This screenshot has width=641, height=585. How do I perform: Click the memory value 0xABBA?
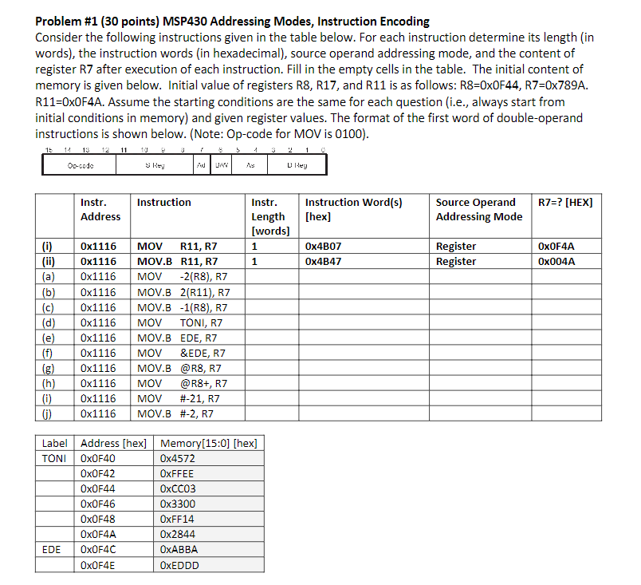(x=179, y=550)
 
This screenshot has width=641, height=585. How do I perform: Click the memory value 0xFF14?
(x=177, y=520)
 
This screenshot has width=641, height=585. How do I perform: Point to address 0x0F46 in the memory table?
(x=98, y=504)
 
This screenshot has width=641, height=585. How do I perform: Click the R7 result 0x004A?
(x=556, y=261)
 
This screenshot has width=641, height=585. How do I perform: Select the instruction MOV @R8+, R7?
(x=183, y=383)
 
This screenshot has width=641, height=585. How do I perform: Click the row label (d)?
(x=49, y=322)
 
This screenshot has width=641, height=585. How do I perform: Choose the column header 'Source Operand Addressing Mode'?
(x=479, y=209)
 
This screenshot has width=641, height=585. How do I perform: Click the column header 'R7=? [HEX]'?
(x=565, y=203)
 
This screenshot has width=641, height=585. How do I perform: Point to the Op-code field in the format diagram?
(x=79, y=166)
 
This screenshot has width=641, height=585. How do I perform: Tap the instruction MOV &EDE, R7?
(x=181, y=353)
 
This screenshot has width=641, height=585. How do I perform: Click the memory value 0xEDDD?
(x=179, y=565)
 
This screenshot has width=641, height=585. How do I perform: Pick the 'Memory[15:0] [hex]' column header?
(x=209, y=444)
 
